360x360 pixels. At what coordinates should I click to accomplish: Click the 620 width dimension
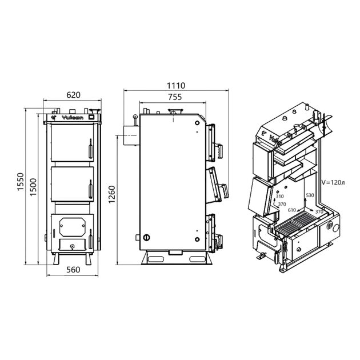click(74, 95)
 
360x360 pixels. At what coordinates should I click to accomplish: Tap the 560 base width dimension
click(73, 270)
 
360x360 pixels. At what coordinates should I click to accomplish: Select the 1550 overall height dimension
click(21, 181)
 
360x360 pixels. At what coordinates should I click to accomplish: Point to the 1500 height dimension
click(33, 187)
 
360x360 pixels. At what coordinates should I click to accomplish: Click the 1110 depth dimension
click(176, 86)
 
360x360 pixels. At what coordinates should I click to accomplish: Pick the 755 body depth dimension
click(175, 97)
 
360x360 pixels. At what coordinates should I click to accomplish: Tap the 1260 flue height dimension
click(111, 194)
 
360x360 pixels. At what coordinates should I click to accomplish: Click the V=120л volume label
click(333, 182)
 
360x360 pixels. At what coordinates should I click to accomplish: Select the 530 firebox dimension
click(310, 195)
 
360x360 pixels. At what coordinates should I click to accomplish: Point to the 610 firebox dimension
click(292, 210)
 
